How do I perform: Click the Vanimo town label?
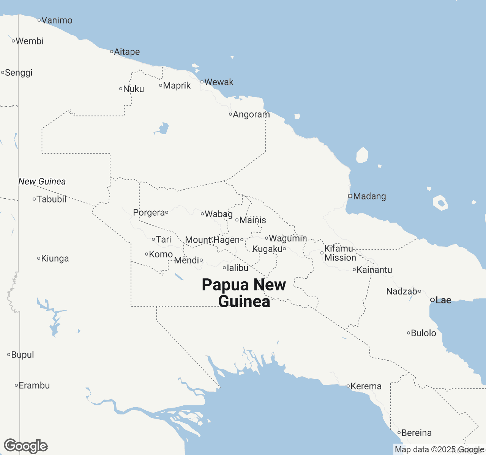[57, 20]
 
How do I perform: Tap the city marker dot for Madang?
[350, 196]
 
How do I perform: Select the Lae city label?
[443, 300]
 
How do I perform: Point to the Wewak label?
[219, 82]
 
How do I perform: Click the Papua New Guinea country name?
[244, 293]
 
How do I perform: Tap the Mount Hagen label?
[212, 240]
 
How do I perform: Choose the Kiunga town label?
[55, 259]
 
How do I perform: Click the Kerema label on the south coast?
[366, 386]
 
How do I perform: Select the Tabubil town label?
[51, 199]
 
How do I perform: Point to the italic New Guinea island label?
[42, 182]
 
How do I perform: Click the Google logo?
[25, 446]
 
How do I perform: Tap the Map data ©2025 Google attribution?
[439, 450]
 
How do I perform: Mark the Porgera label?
[149, 213]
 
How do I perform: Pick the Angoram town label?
[251, 115]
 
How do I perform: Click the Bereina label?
[416, 433]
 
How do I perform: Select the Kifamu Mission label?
[340, 253]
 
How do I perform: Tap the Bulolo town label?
[423, 333]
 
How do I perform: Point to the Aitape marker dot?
[112, 52]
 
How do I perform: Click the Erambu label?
[34, 386]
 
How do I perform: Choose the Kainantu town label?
[374, 270]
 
